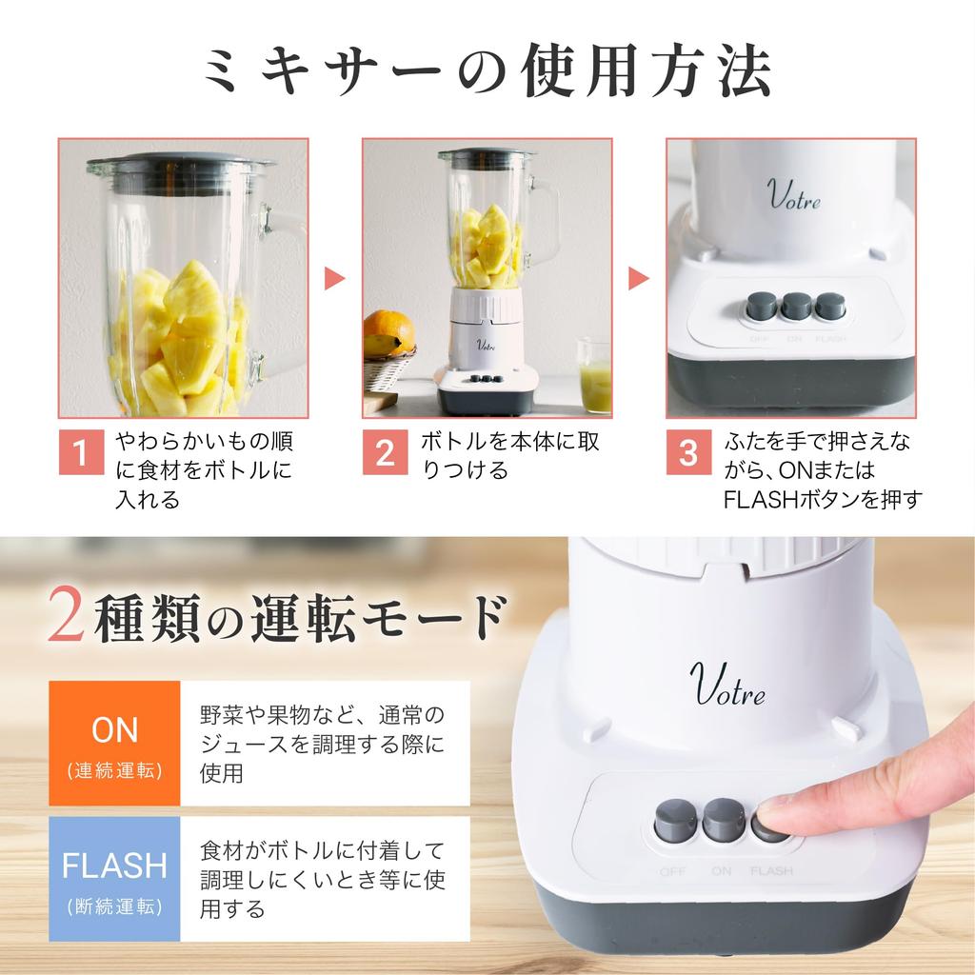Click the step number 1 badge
pos(81,452)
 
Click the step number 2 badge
pos(385,452)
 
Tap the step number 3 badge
pos(688,452)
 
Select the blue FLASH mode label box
pos(114,879)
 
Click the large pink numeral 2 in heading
pos(68,618)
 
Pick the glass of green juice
pos(595,380)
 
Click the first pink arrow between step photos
pos(334,278)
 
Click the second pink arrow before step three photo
pos(639,278)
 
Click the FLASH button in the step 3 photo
pos(830,306)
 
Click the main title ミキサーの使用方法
pos(487,73)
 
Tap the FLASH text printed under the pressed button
pos(771,871)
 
